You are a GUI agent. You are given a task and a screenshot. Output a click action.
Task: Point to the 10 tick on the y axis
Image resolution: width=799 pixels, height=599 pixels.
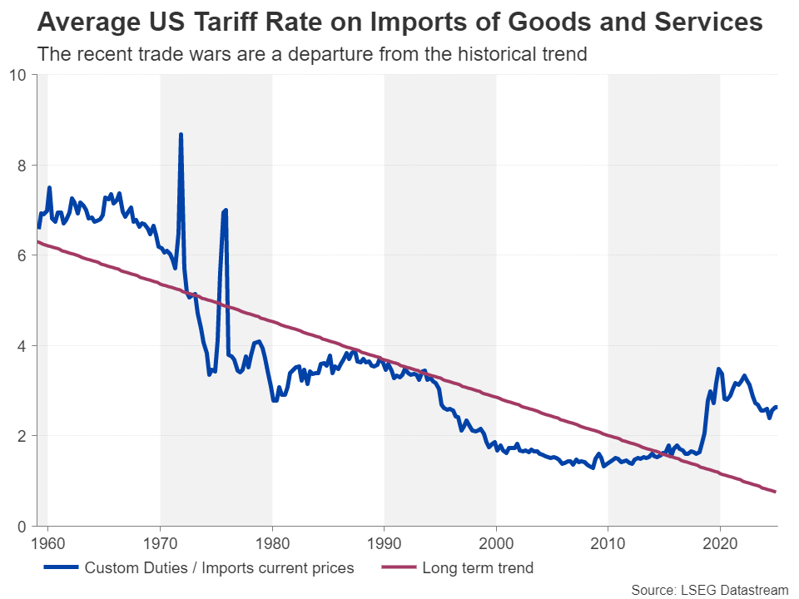click(18, 75)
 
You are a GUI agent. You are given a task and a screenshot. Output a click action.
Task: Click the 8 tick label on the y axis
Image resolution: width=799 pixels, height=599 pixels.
click(22, 166)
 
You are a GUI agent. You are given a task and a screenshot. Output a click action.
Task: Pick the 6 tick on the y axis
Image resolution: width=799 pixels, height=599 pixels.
click(22, 255)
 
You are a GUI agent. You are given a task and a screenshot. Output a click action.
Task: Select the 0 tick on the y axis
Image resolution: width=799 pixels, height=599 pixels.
click(22, 527)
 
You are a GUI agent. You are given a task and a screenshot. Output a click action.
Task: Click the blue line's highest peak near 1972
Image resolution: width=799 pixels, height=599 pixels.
click(181, 134)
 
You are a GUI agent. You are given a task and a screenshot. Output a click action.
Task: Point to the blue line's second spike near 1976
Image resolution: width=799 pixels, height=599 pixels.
click(225, 210)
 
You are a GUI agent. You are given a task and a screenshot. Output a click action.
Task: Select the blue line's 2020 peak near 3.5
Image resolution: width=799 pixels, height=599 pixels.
click(718, 369)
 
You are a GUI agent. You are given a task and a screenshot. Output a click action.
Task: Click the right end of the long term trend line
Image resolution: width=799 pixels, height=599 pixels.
click(776, 492)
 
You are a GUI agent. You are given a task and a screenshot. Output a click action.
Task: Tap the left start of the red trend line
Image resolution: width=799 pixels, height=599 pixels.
click(38, 242)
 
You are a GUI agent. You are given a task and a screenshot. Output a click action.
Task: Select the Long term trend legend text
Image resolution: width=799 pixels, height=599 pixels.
click(478, 569)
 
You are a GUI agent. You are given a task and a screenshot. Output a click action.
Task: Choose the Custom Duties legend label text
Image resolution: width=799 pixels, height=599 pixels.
click(219, 569)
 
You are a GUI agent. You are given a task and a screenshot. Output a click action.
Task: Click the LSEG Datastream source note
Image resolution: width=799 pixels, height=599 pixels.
click(709, 590)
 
